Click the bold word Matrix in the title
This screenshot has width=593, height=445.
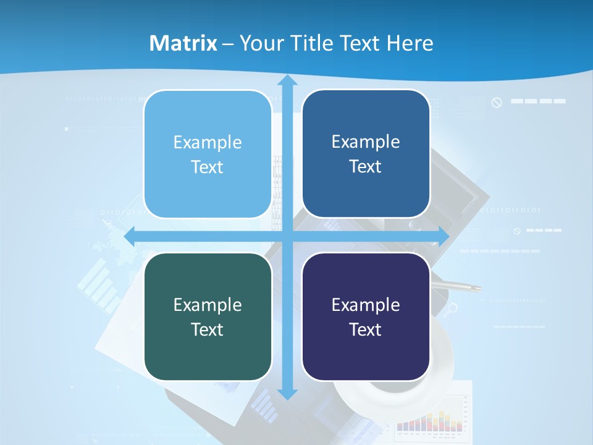[x=183, y=43]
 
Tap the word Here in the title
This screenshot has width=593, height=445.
[x=410, y=43]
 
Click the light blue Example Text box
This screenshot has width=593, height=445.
[x=208, y=154]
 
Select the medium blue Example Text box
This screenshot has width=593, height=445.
[x=366, y=154]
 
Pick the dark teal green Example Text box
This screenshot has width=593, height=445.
[x=208, y=316]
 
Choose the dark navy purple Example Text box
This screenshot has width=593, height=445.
[x=366, y=316]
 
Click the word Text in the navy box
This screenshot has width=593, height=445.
[x=366, y=329]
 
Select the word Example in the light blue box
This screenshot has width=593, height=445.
[x=208, y=142]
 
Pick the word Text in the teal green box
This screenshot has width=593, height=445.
[x=208, y=329]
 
